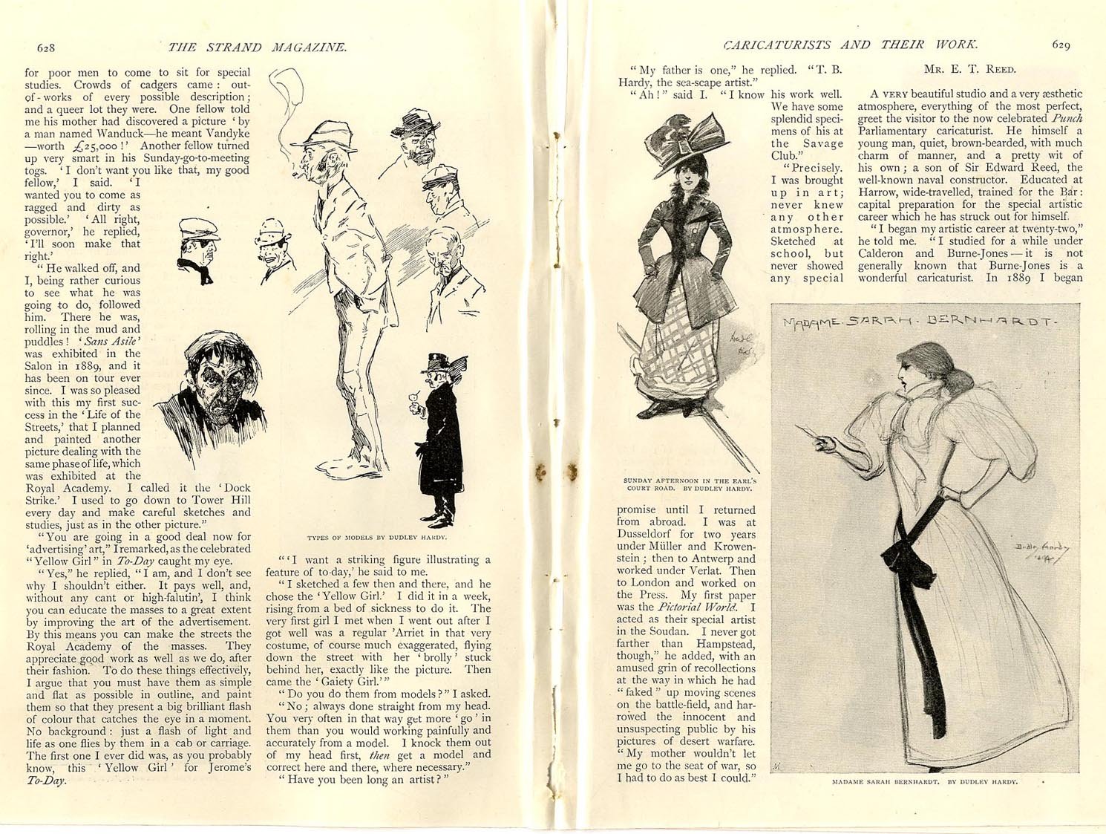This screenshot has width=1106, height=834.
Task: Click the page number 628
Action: click(46, 48)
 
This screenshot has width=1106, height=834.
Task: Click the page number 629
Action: click(1061, 45)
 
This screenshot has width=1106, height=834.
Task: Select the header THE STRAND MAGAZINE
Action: click(257, 48)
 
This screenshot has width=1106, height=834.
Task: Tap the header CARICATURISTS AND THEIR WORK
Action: click(850, 45)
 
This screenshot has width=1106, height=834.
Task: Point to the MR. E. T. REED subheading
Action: click(969, 70)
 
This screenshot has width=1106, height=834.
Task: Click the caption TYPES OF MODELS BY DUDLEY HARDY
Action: click(377, 537)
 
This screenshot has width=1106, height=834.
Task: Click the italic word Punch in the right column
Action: click(1067, 118)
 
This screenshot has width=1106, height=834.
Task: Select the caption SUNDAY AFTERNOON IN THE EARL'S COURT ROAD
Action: click(689, 484)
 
